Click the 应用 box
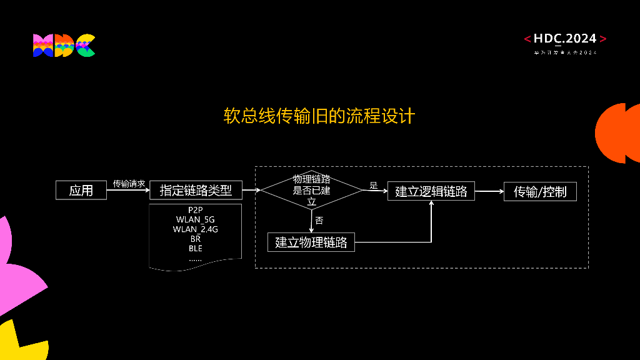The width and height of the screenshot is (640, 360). click(81, 190)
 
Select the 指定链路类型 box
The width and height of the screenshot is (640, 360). click(196, 190)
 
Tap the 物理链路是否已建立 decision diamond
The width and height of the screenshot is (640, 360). click(311, 190)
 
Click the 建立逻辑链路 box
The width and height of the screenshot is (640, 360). click(431, 191)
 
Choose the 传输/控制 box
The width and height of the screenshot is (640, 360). click(540, 191)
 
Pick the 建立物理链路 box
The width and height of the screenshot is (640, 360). click(311, 242)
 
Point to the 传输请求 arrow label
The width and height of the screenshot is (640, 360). click(129, 184)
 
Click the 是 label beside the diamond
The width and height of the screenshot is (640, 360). click(374, 185)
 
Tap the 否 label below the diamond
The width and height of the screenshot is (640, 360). click(319, 220)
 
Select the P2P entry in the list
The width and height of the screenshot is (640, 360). click(196, 210)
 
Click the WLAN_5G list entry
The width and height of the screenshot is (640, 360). click(196, 219)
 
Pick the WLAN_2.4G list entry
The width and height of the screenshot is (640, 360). click(196, 229)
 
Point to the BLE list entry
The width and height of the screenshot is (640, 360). click(196, 248)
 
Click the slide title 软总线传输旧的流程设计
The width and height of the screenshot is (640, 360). click(319, 116)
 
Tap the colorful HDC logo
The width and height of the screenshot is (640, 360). click(64, 46)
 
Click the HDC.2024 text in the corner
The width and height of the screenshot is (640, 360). click(565, 39)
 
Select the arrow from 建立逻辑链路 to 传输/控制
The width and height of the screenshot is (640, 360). click(489, 191)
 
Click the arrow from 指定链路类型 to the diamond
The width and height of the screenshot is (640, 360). click(251, 190)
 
